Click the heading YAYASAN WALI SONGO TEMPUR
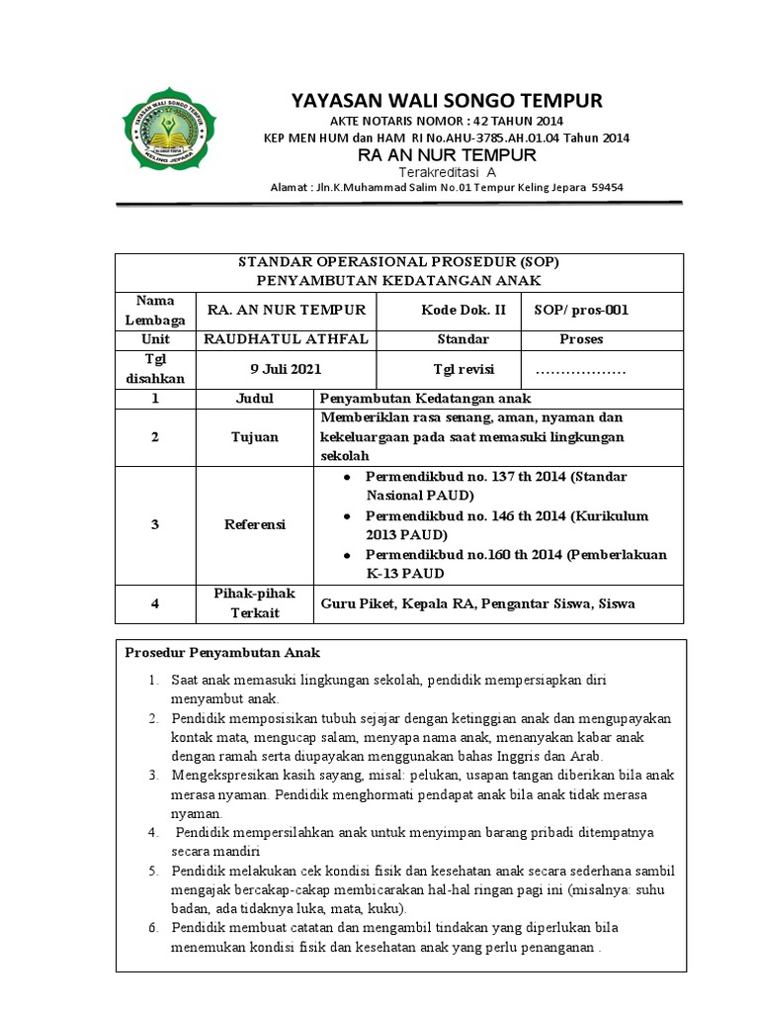coord(446,101)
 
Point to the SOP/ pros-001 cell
coord(581,310)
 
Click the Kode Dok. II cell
coord(464,310)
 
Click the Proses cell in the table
coord(581,339)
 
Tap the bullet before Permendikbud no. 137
coord(347,477)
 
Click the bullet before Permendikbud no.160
coord(347,555)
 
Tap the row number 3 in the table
coord(154,524)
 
